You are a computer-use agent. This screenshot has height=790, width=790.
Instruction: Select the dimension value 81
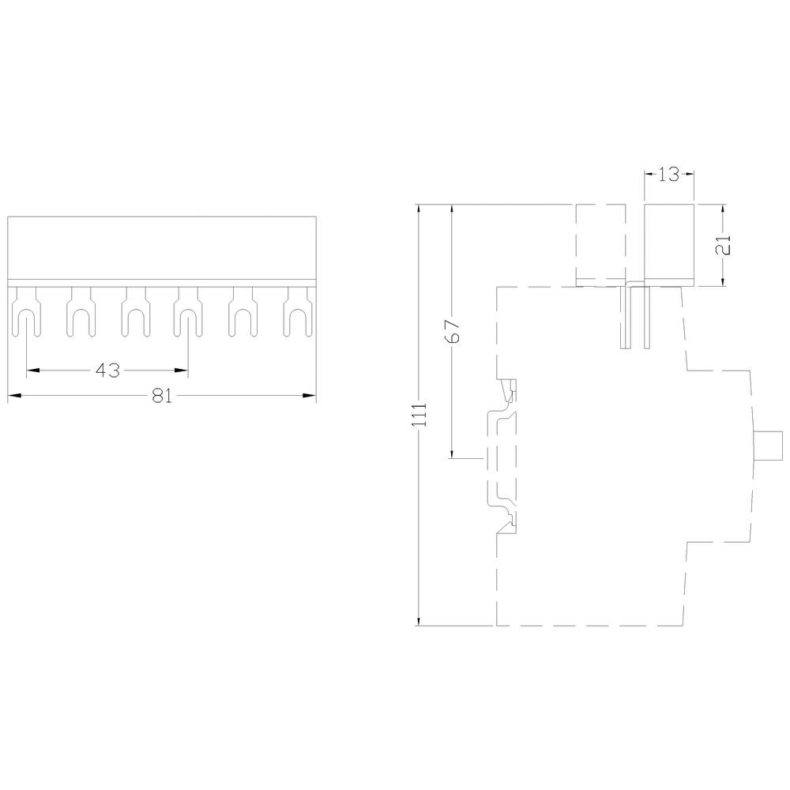pyautogui.click(x=162, y=395)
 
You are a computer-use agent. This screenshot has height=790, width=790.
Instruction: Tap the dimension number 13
pyautogui.click(x=669, y=175)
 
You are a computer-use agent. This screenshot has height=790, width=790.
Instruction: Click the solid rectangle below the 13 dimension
pyautogui.click(x=669, y=245)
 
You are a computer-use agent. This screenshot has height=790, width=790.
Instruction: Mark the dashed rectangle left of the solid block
pyautogui.click(x=600, y=245)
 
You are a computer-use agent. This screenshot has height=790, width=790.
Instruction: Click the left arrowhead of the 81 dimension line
pyautogui.click(x=14, y=395)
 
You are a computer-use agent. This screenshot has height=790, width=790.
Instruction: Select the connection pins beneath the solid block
pyautogui.click(x=636, y=316)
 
